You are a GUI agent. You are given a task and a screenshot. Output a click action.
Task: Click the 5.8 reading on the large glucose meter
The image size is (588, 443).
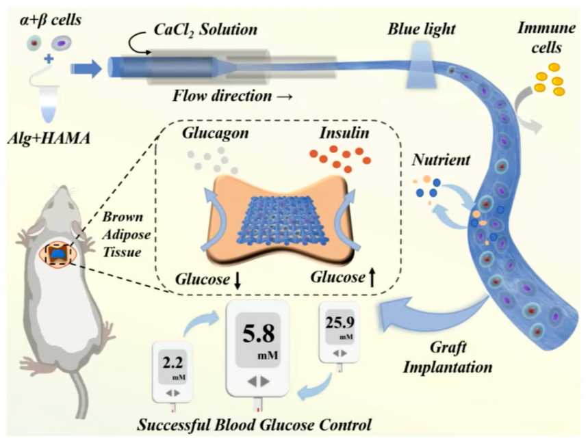(x=259, y=334)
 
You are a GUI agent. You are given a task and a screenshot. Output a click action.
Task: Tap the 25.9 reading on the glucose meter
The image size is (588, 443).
(x=340, y=322)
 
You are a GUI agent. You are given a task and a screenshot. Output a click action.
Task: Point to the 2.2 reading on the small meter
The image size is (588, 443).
(x=173, y=362)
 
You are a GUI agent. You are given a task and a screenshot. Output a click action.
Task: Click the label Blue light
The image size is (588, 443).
(x=422, y=29)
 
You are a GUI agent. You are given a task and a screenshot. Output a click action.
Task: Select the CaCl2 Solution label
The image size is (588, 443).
(x=205, y=29)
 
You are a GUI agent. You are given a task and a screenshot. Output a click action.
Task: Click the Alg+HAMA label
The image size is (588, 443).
(x=49, y=139)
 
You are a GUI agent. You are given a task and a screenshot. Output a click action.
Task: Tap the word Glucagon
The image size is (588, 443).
(x=215, y=134)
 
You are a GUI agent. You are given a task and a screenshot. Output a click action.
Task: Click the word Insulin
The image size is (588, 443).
(x=344, y=133)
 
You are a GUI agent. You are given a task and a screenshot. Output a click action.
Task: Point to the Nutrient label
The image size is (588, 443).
(x=441, y=160)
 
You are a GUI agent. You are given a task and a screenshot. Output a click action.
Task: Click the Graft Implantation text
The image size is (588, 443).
(x=448, y=358)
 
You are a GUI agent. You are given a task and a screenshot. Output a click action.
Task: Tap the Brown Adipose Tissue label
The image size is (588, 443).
(x=127, y=234)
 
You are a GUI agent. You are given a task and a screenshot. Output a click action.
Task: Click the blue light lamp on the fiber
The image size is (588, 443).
(x=422, y=66)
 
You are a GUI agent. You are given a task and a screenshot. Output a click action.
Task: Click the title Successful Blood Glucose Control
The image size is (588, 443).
(x=254, y=425)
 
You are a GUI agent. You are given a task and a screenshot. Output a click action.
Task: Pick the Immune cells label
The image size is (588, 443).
(x=546, y=38)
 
